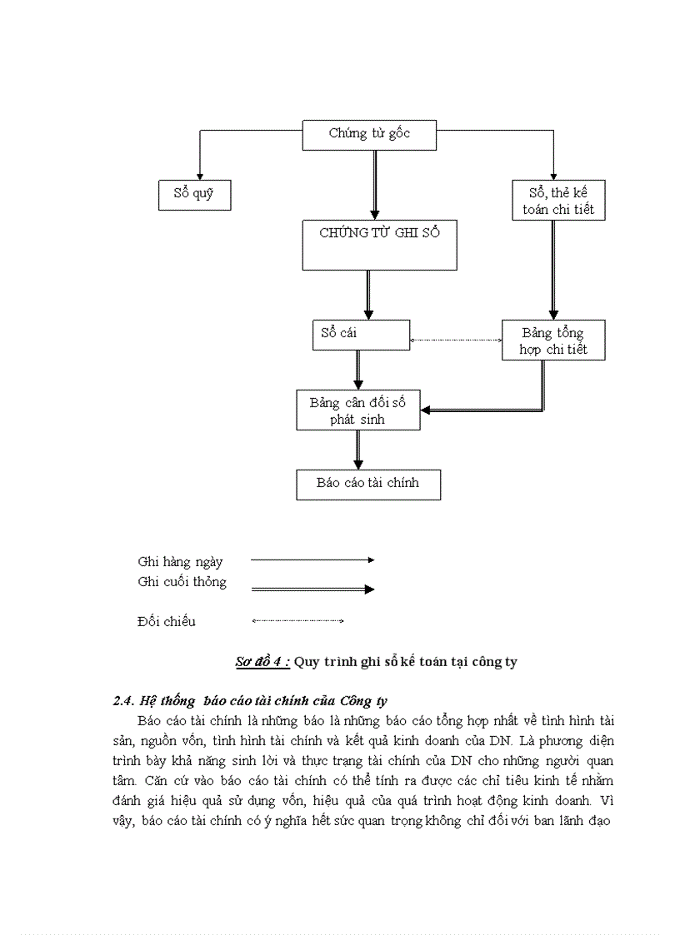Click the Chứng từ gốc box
[x=369, y=135]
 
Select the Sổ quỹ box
[x=194, y=195]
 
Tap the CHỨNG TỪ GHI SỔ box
[x=379, y=245]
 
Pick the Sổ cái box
[x=360, y=335]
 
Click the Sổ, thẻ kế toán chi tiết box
[x=558, y=201]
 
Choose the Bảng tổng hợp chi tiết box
[x=553, y=341]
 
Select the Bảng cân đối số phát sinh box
[x=358, y=410]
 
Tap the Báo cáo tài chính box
[x=368, y=485]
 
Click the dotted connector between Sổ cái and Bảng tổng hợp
[x=456, y=340]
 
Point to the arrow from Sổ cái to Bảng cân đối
[x=358, y=370]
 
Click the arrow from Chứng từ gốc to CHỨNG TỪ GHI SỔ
[x=375, y=185]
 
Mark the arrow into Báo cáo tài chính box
[x=358, y=450]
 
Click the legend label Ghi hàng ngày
[x=180, y=562]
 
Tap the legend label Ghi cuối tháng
[x=182, y=582]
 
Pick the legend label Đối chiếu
[x=167, y=621]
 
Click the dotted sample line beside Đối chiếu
[x=297, y=620]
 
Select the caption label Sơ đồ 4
[x=262, y=662]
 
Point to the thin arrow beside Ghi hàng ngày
[x=312, y=560]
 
